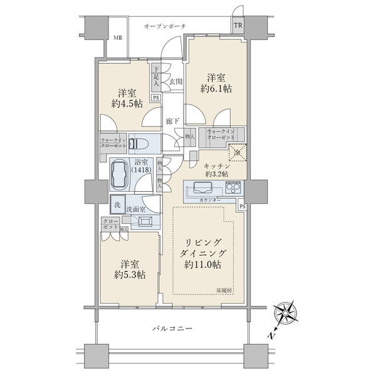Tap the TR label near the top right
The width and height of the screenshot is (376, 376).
(x=238, y=26)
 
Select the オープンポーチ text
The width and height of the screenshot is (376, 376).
(x=165, y=26)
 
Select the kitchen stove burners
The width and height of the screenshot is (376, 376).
(x=233, y=188)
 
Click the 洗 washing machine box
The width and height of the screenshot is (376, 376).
(x=117, y=204)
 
